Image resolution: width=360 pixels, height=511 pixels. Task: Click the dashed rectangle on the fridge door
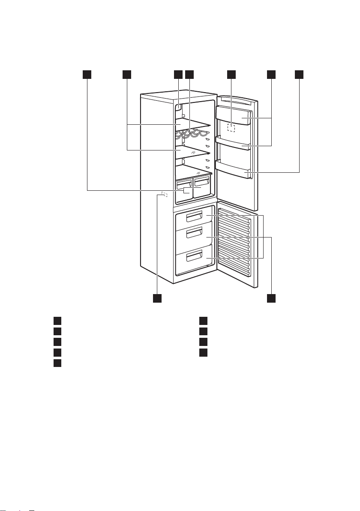click(x=231, y=128)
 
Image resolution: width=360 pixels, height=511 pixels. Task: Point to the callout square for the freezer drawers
click(x=271, y=298)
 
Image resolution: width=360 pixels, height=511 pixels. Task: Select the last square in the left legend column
click(x=57, y=363)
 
